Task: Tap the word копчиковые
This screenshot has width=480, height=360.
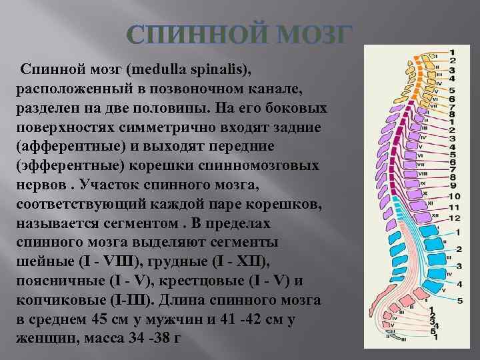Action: point(59,299)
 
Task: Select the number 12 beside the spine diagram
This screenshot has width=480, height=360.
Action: point(453,218)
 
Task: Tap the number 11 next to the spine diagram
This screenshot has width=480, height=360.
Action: point(453,208)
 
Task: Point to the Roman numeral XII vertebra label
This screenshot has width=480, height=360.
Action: point(435,215)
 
